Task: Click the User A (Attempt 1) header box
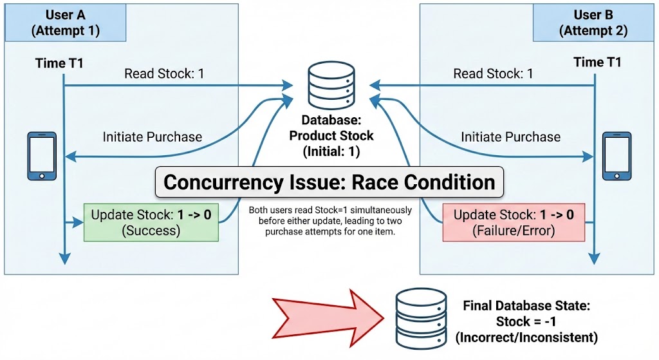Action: [x=72, y=23]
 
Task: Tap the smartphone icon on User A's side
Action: [x=42, y=156]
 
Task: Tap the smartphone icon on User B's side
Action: [x=617, y=156]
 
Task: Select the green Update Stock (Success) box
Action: [x=151, y=222]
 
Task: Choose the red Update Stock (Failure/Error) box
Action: [x=514, y=222]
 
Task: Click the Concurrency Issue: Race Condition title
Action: [x=329, y=182]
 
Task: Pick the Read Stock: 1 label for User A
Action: [x=164, y=74]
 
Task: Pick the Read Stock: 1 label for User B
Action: [x=494, y=74]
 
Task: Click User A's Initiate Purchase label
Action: [x=153, y=137]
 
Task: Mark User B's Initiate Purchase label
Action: [x=511, y=137]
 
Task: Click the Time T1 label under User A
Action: [x=59, y=62]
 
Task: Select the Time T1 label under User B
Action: [x=597, y=62]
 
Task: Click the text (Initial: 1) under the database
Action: [x=331, y=152]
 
